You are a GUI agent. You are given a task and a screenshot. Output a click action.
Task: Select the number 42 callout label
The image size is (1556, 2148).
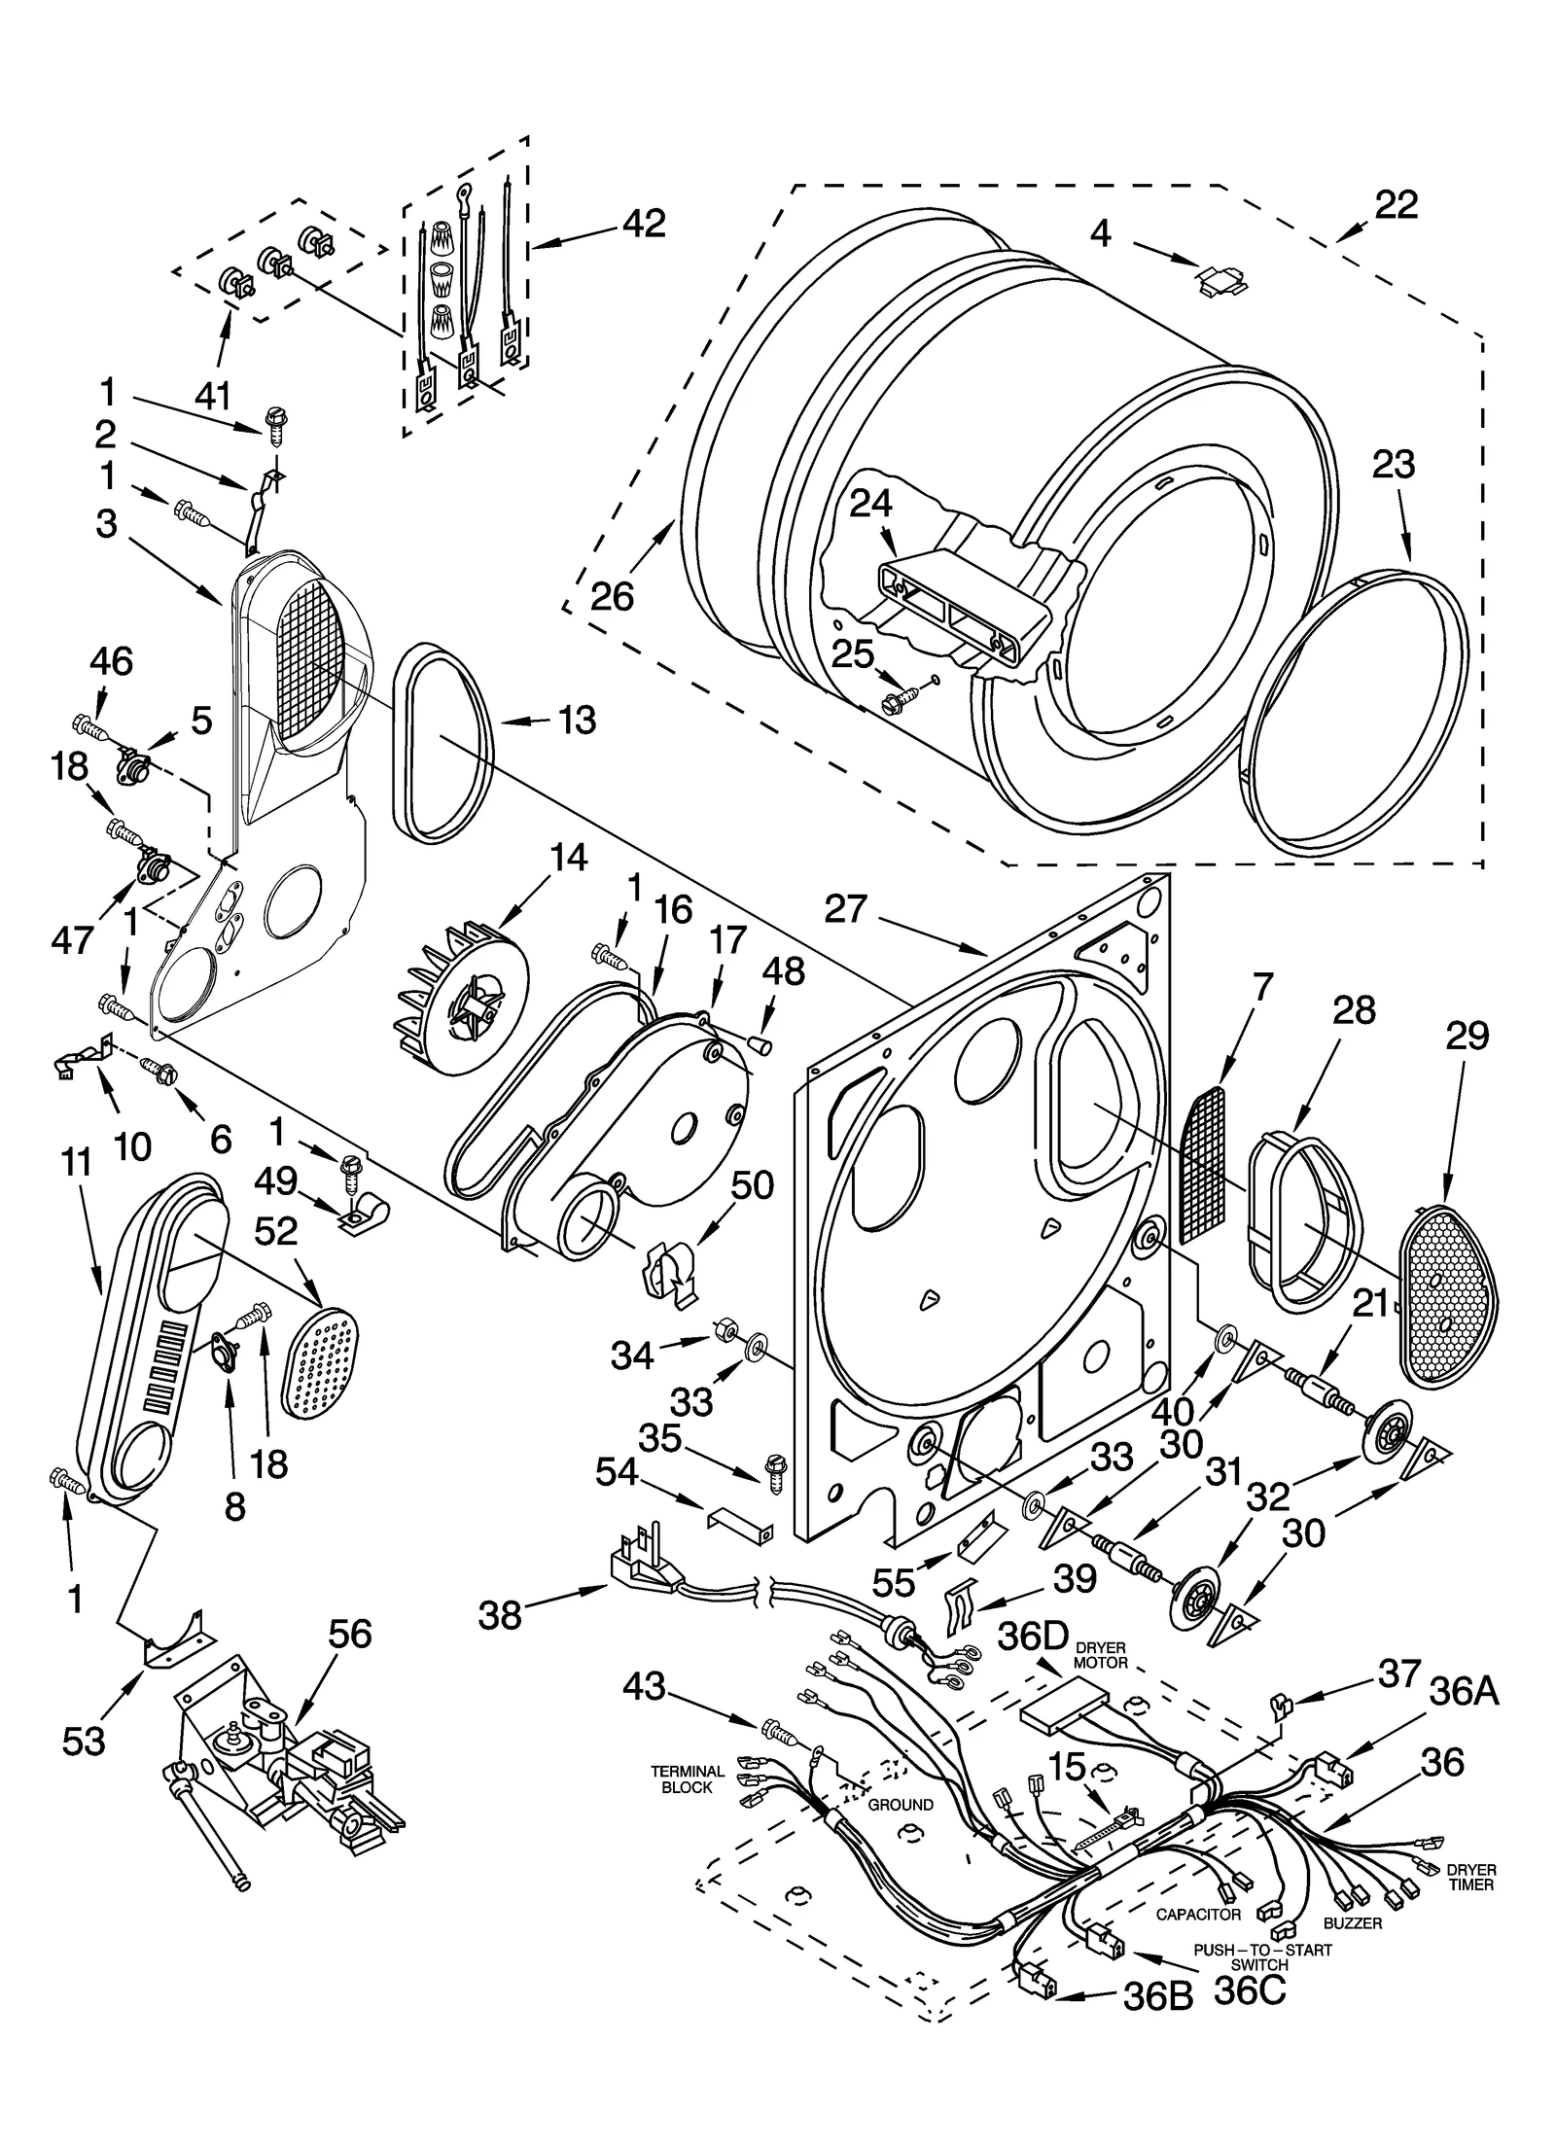(643, 224)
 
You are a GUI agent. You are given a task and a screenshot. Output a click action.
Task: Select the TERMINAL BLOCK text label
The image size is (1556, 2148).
(688, 1779)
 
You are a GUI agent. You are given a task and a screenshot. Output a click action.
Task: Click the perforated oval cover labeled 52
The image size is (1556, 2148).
(320, 1361)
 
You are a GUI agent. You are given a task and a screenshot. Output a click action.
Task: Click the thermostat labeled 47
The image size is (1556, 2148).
(150, 864)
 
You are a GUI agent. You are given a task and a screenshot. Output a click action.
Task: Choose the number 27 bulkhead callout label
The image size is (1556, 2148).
(845, 909)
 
